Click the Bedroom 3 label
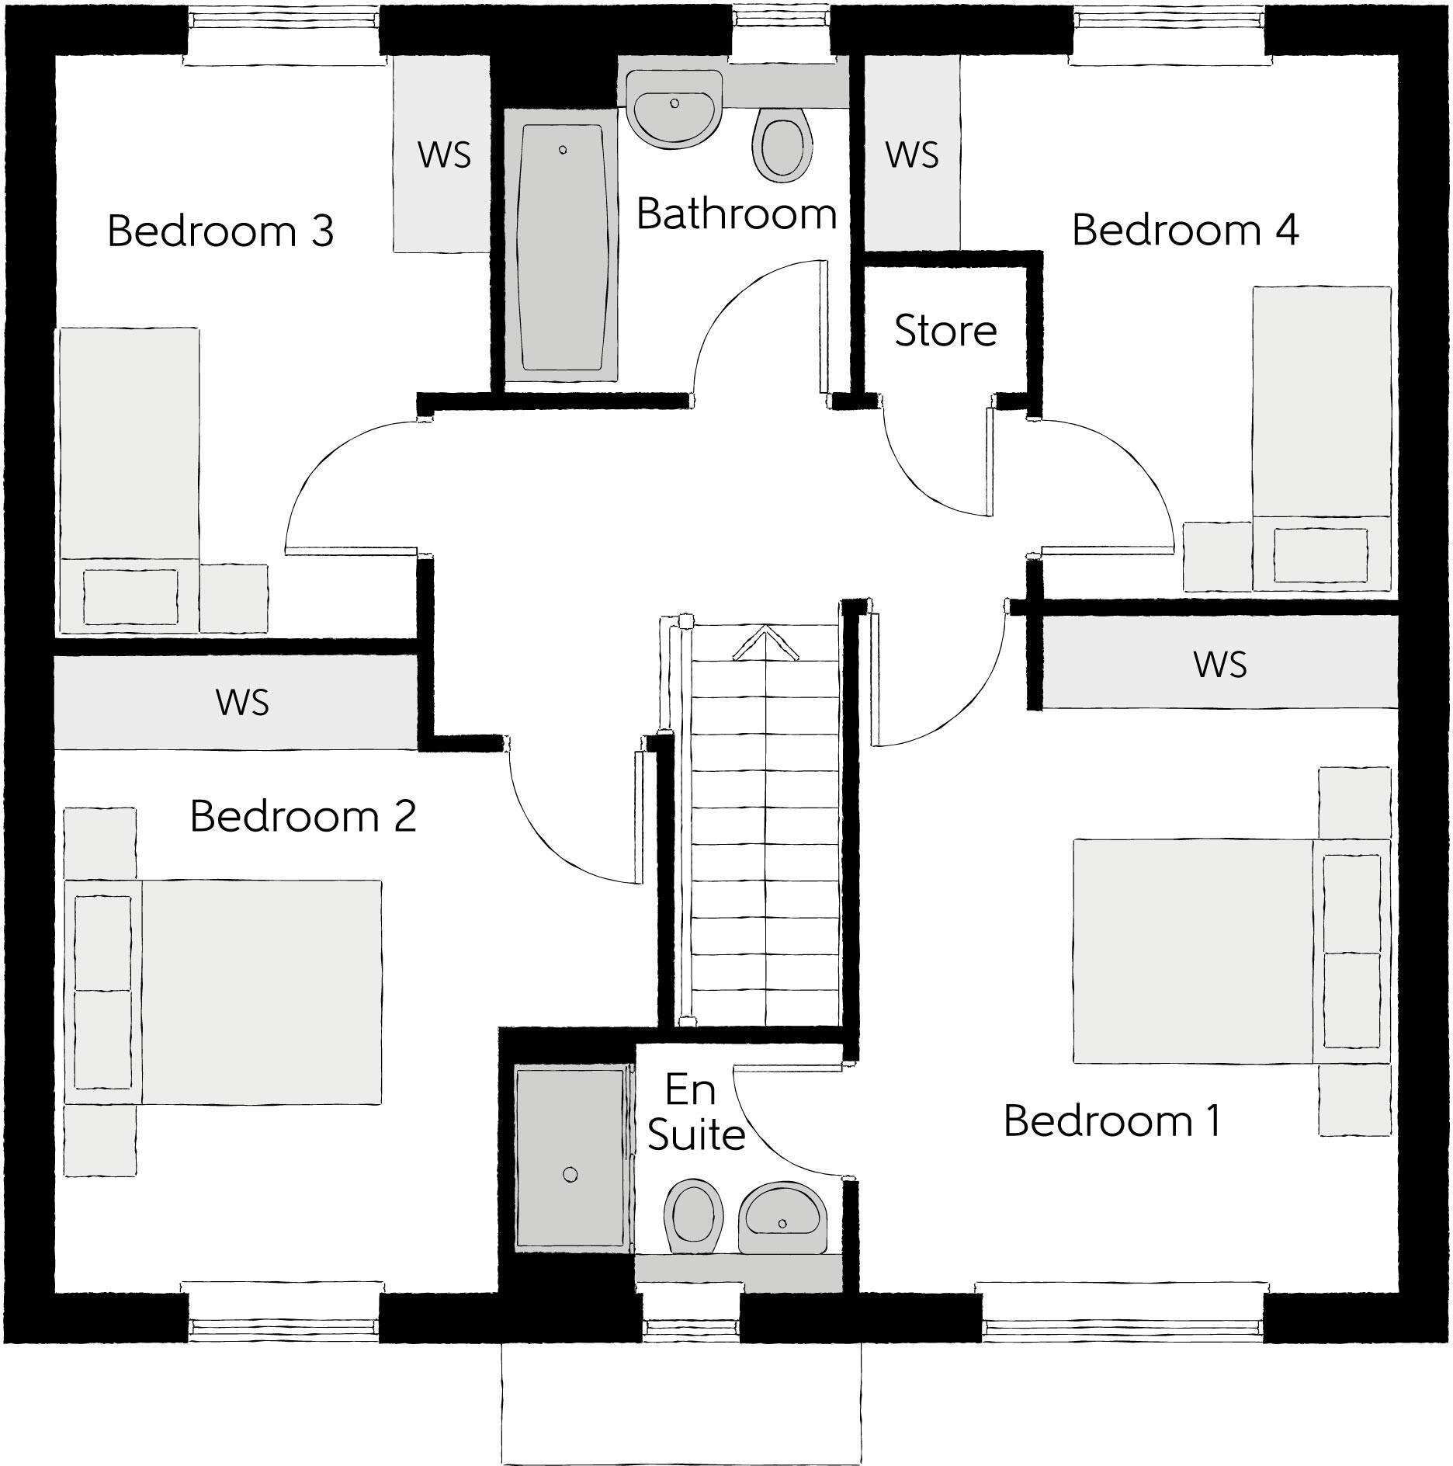coord(220,231)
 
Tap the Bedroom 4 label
coord(1184,231)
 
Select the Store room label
coord(945,331)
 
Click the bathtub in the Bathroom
coord(561,247)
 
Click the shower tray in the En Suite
coord(570,1161)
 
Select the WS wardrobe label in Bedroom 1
coord(1219,665)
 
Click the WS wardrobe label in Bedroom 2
coord(242,703)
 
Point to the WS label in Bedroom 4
coord(912,155)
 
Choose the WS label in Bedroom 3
coord(444,155)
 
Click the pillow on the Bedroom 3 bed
coord(130,596)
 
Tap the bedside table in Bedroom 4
coord(1215,556)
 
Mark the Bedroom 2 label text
coord(303,816)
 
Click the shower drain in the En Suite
coord(570,1175)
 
